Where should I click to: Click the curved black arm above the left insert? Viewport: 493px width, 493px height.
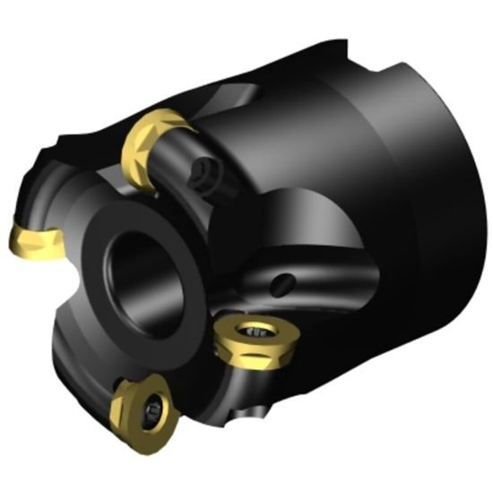[x=40, y=184]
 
